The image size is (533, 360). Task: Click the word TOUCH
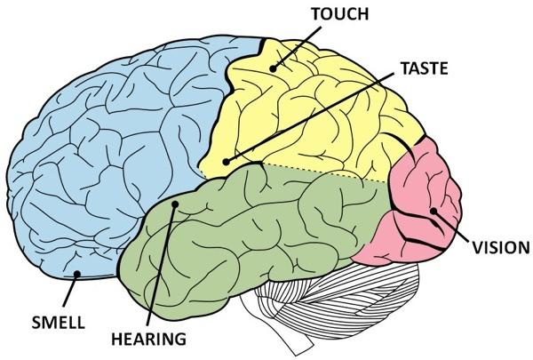(x=340, y=14)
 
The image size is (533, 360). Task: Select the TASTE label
(x=425, y=68)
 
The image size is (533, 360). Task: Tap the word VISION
(x=501, y=247)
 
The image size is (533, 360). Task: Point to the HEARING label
(x=149, y=339)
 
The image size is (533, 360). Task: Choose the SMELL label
(x=58, y=322)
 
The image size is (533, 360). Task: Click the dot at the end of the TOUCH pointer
(x=273, y=68)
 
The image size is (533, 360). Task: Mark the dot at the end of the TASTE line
(x=226, y=162)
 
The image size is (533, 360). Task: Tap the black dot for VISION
(x=434, y=211)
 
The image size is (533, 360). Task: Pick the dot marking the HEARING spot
(x=175, y=204)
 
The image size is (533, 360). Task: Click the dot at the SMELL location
(x=77, y=274)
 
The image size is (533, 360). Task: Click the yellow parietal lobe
(x=306, y=112)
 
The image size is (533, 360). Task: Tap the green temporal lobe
(x=238, y=238)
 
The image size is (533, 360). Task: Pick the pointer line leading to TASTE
(x=310, y=117)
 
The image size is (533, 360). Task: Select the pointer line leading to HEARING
(x=161, y=264)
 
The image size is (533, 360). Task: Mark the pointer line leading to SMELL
(x=70, y=290)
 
